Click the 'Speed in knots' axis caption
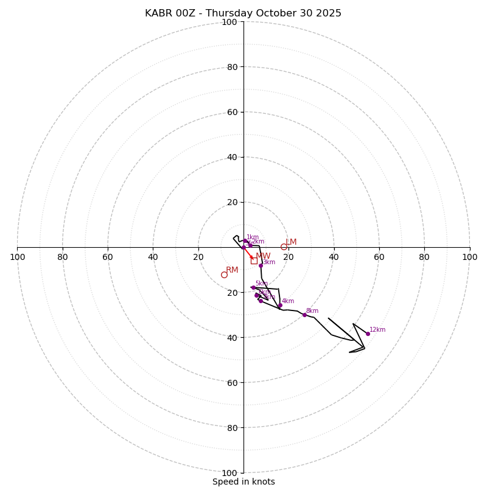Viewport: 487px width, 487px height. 243,482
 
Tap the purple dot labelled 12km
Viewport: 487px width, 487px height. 368,334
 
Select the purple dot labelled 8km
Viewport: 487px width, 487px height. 304,315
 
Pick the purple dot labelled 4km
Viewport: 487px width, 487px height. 280,306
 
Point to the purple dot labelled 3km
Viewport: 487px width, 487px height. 261,265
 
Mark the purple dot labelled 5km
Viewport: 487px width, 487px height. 253,287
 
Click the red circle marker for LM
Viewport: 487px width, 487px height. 284,247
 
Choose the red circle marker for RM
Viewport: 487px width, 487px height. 224,275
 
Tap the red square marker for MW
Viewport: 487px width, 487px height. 254,261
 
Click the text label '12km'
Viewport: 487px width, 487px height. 377,330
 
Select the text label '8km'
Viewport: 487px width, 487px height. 312,311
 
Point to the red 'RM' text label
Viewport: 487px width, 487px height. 232,270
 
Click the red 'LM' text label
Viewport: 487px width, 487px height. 291,242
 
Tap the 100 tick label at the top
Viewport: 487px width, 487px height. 229,22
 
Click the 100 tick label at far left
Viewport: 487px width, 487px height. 17,257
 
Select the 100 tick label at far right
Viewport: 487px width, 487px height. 469,257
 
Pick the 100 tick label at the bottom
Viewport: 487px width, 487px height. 229,473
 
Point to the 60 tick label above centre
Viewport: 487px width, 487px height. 232,112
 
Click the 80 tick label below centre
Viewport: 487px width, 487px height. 232,428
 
